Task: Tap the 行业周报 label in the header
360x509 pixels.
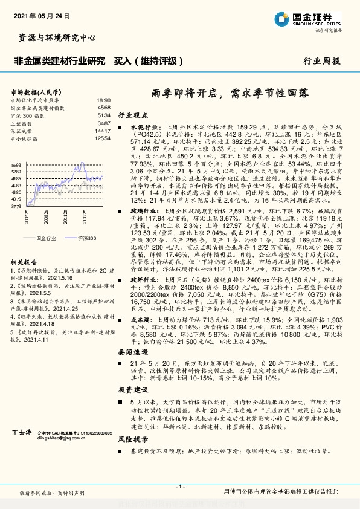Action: point(321,61)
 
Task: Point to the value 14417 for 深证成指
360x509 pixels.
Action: point(103,131)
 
